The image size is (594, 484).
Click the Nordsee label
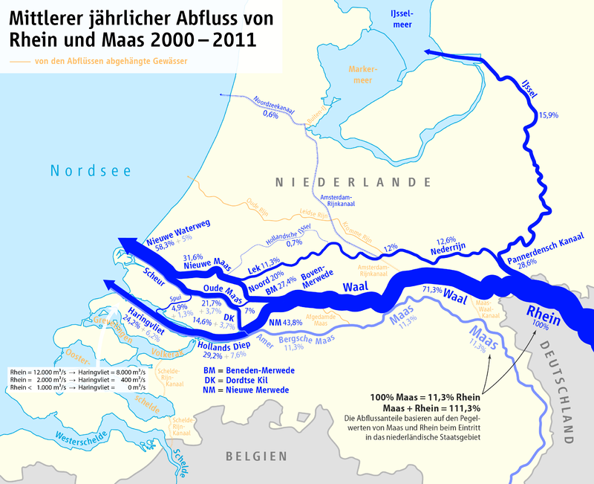tap(91, 171)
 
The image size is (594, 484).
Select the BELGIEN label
tap(257, 456)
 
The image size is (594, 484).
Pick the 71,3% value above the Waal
tap(432, 288)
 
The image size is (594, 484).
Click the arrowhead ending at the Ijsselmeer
tap(430, 51)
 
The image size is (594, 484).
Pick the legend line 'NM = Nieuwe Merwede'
tap(246, 390)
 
